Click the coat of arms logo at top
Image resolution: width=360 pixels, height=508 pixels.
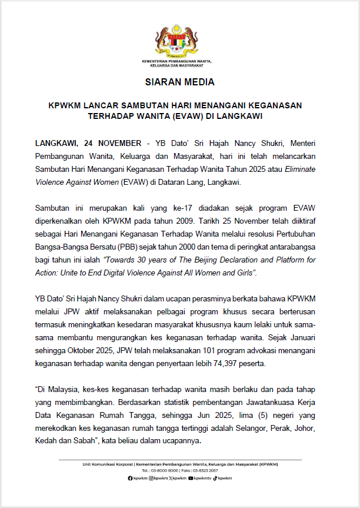pos(180,41)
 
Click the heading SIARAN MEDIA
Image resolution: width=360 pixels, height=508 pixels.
pos(180,82)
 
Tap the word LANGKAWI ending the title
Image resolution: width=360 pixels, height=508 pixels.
pos(238,116)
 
